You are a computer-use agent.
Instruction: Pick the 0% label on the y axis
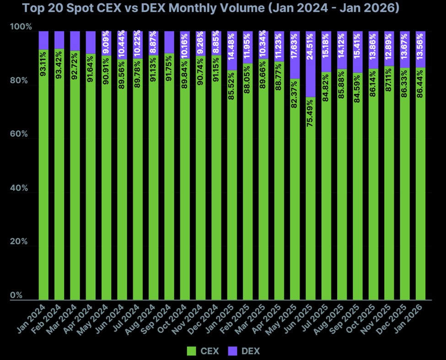(x=17, y=296)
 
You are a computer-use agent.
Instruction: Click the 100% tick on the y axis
(x=21, y=27)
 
